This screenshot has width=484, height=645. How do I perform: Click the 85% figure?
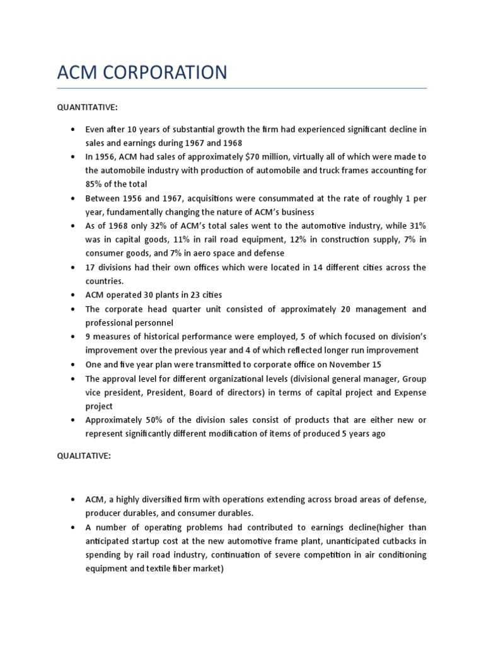(95, 185)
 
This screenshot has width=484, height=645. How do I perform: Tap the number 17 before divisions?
(91, 268)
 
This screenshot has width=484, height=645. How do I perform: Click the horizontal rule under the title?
(242, 88)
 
